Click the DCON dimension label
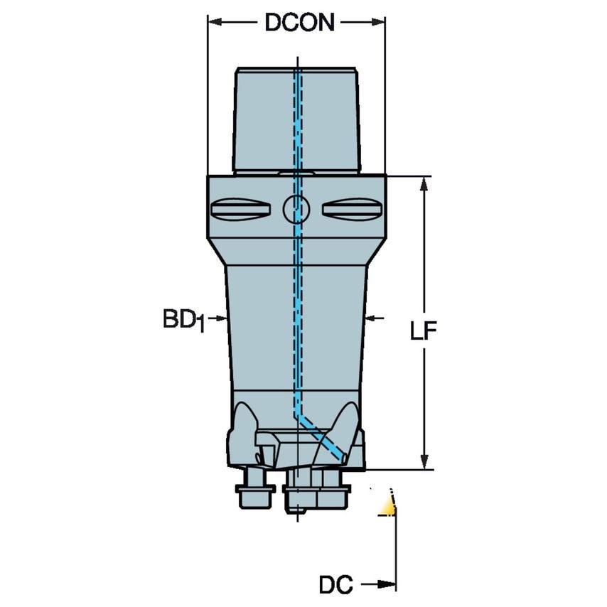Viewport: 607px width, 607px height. click(x=299, y=23)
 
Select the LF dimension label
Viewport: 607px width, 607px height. click(x=423, y=331)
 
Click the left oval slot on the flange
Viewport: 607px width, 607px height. click(x=241, y=210)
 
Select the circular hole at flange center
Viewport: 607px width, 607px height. click(x=296, y=209)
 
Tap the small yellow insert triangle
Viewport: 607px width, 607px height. click(x=387, y=506)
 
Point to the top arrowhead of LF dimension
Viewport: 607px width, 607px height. click(x=424, y=183)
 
